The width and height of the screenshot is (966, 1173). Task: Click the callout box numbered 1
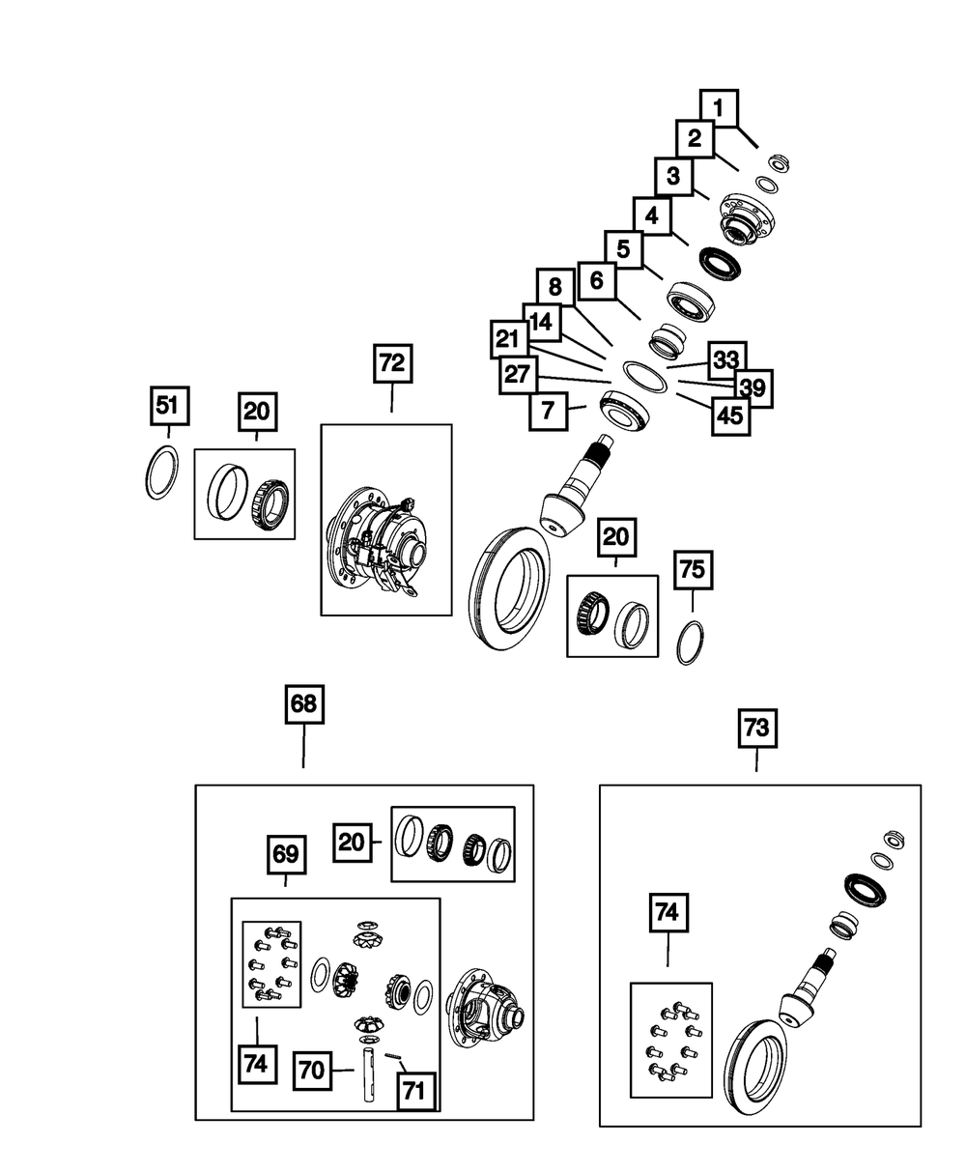tap(719, 108)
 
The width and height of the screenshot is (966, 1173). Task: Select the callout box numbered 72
tap(392, 363)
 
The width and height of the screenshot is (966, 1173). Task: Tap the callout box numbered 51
tap(170, 405)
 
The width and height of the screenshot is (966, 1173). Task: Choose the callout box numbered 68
tap(304, 704)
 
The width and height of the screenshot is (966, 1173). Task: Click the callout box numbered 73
tap(757, 729)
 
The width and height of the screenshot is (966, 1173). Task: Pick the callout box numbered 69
tap(286, 854)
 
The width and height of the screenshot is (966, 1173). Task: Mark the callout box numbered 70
tap(312, 1071)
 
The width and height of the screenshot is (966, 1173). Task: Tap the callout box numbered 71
tap(416, 1091)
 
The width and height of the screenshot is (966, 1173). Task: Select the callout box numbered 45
tap(730, 416)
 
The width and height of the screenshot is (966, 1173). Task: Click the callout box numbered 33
tap(726, 360)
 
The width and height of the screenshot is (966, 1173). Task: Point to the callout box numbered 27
tap(518, 375)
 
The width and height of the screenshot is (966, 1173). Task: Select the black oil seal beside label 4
tap(720, 264)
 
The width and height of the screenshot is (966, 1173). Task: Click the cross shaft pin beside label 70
tap(368, 1074)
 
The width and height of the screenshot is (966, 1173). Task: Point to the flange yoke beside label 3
tap(747, 218)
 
